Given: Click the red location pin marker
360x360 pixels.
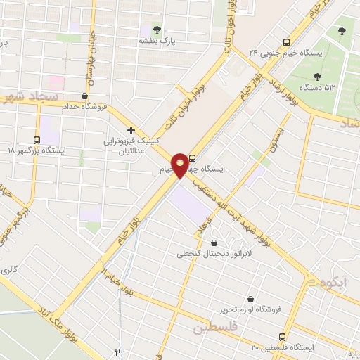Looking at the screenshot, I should [x=181, y=165].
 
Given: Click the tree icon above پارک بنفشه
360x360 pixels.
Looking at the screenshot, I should [x=157, y=30].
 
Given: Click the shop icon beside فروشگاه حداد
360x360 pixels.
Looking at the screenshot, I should [x=85, y=96].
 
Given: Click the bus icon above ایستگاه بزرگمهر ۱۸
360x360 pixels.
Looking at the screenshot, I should [x=37, y=139].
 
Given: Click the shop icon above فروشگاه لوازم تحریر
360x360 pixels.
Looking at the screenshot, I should [x=251, y=298].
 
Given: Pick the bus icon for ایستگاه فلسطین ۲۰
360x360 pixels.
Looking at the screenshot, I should [x=282, y=337].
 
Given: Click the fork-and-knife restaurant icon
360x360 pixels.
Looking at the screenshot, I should [x=117, y=352].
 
